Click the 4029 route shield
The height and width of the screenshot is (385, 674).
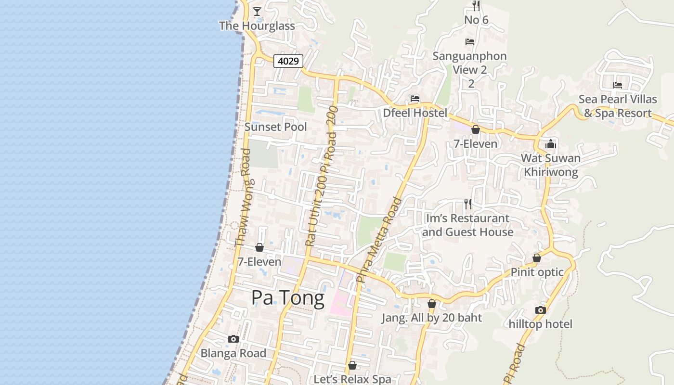pyautogui.click(x=288, y=61)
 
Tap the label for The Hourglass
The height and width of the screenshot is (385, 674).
pyautogui.click(x=257, y=26)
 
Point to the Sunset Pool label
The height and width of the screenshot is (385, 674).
pyautogui.click(x=275, y=127)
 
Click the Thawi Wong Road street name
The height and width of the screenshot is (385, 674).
pyautogui.click(x=243, y=197)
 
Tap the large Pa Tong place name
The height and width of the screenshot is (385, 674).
pyautogui.click(x=288, y=298)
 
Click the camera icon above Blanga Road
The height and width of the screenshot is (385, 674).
pyautogui.click(x=233, y=339)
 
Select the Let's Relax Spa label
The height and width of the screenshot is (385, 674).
pyautogui.click(x=352, y=379)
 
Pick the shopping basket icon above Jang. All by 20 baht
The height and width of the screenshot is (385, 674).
pyautogui.click(x=432, y=304)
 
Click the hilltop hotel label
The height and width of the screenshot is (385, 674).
pyautogui.click(x=541, y=324)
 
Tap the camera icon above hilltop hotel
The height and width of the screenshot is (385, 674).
pyautogui.click(x=541, y=310)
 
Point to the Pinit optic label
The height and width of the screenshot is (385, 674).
pyautogui.click(x=537, y=272)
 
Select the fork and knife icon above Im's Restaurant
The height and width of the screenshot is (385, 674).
pyautogui.click(x=467, y=204)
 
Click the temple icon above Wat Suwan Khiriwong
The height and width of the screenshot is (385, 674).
pyautogui.click(x=551, y=144)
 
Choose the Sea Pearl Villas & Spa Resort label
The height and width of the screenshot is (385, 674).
pyautogui.click(x=618, y=106)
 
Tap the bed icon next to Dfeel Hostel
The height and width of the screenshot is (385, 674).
pyautogui.click(x=415, y=99)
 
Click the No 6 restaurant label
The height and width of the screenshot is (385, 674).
pyautogui.click(x=476, y=20)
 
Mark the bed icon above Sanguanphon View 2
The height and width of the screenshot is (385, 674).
pyautogui.click(x=470, y=42)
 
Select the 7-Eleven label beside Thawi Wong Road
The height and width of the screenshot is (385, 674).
pyautogui.click(x=259, y=262)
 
